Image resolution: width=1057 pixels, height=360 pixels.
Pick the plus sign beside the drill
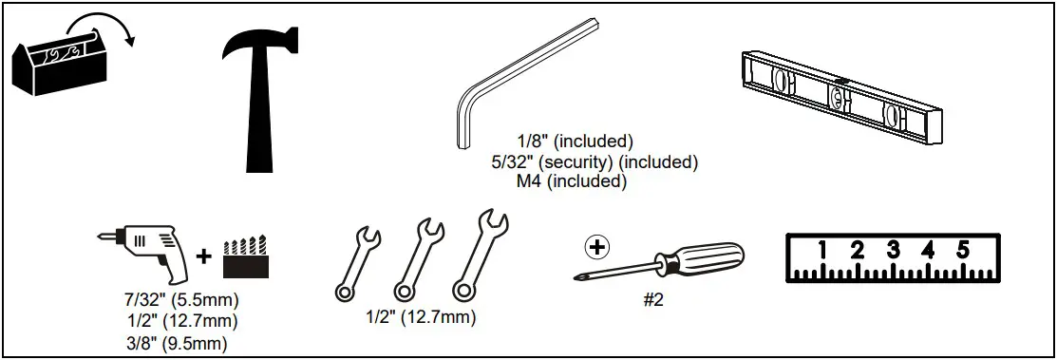click(x=204, y=256)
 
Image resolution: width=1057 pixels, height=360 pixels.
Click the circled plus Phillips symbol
click(x=597, y=248)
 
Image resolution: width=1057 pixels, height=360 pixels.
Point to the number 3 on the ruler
click(x=893, y=251)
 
